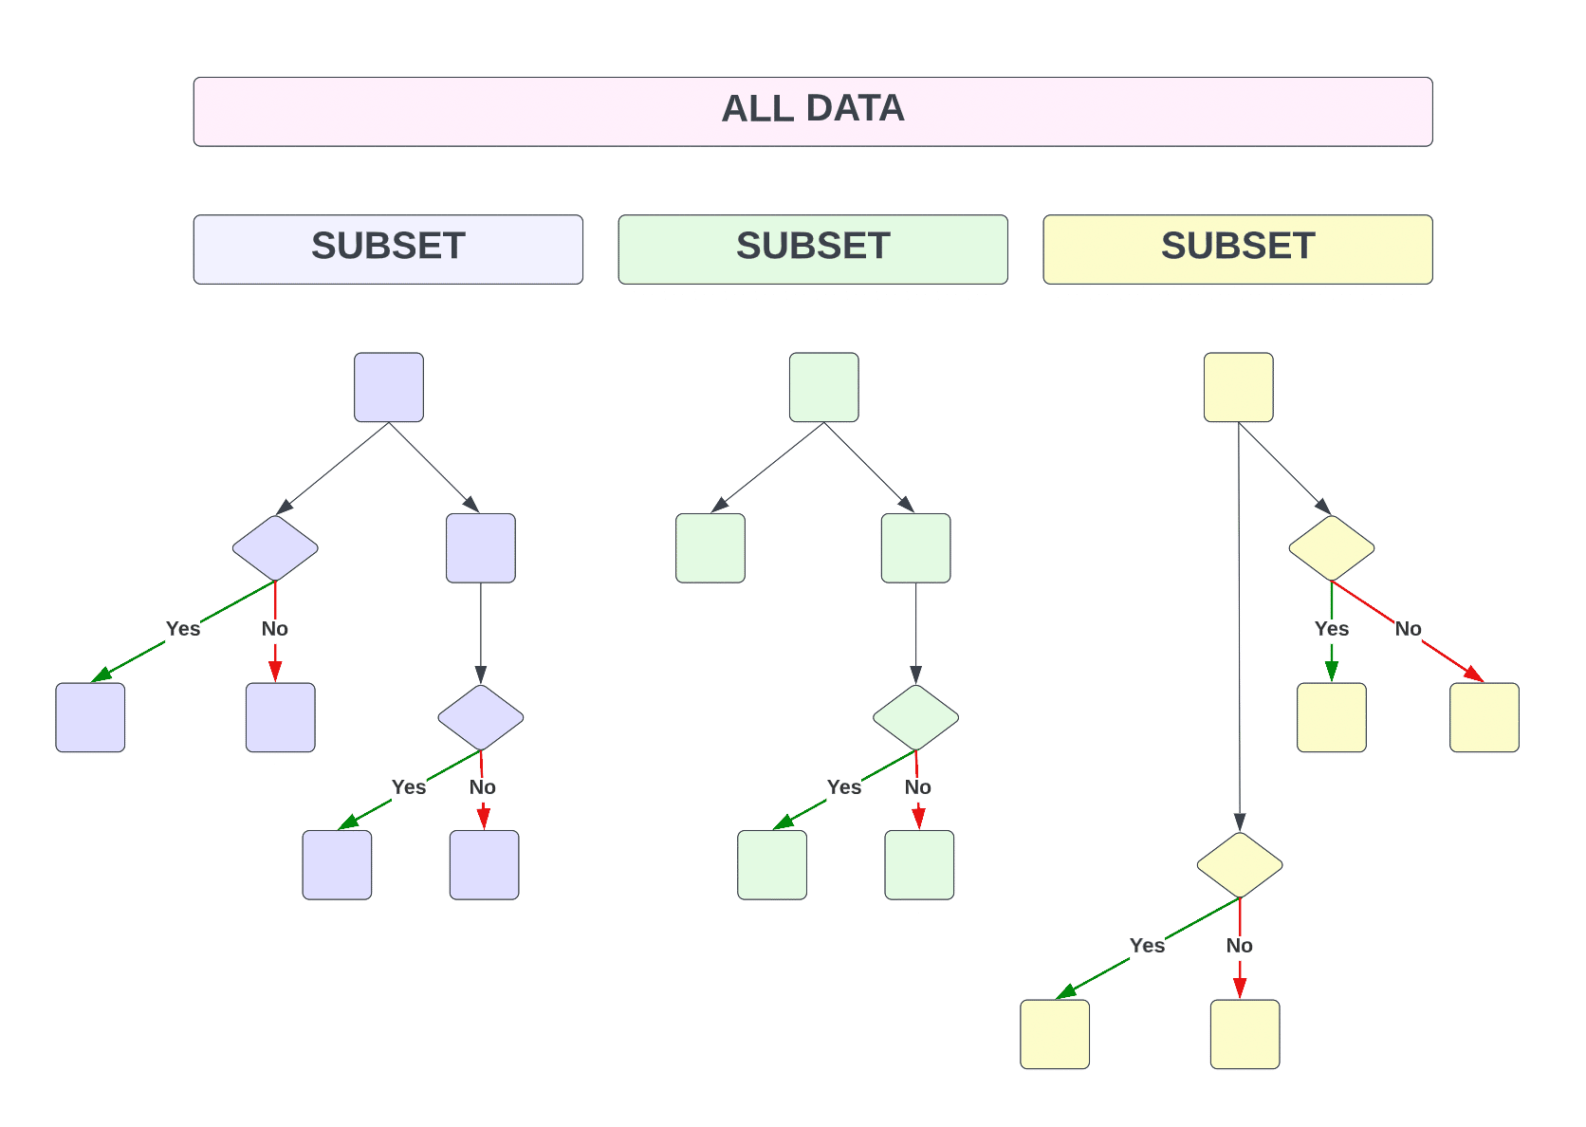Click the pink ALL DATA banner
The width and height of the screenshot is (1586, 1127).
[812, 112]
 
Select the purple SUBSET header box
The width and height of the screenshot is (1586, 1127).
[388, 249]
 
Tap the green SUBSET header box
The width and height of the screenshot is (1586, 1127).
[812, 249]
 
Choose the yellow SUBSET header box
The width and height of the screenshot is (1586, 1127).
[1237, 249]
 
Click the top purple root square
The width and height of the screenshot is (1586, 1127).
[389, 387]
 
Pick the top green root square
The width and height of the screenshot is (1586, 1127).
[823, 387]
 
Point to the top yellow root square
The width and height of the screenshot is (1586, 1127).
[1238, 387]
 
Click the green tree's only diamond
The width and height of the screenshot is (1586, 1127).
[915, 717]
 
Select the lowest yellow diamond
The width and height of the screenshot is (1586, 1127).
[1239, 864]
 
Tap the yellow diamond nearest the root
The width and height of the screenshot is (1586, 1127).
[1331, 547]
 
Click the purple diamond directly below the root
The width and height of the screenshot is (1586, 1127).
[275, 547]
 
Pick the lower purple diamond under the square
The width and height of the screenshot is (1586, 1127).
[480, 717]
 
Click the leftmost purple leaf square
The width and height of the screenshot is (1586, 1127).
[90, 717]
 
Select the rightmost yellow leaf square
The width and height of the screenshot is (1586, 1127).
[1484, 717]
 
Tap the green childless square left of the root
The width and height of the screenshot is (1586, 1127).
[710, 547]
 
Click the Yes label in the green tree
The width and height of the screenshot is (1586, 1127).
[843, 787]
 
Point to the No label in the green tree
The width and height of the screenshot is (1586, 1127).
[917, 787]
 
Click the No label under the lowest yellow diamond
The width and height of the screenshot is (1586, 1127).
[1239, 946]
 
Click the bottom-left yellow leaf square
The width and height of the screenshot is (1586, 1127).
[1054, 1034]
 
